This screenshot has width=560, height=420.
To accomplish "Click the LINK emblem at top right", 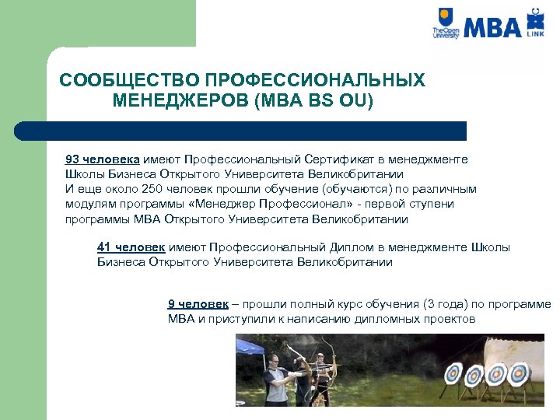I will (x=535, y=23).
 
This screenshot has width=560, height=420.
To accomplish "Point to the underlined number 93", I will (x=72, y=159).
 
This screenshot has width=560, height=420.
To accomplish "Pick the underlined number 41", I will (x=104, y=247).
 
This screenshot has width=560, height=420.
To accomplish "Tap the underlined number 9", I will (x=172, y=304).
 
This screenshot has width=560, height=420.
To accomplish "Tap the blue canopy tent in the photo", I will (x=257, y=345).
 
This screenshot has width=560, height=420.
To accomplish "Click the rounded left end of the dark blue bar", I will (x=21, y=130).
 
